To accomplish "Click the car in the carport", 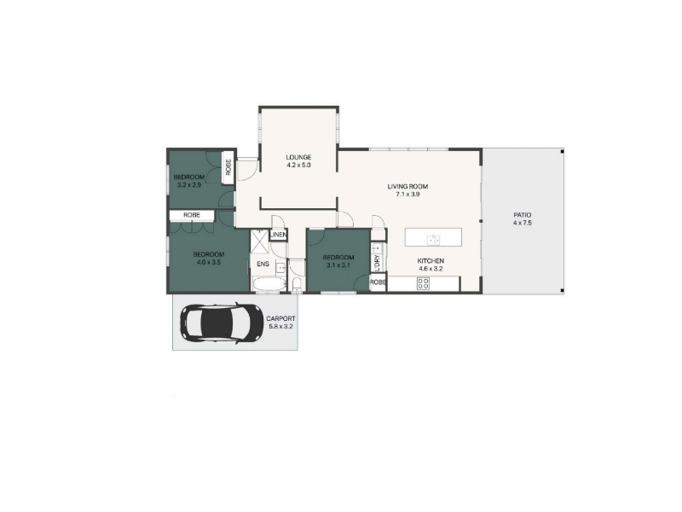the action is (222, 323).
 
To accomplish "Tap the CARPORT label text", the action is (280, 318).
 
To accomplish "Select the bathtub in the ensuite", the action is (269, 285).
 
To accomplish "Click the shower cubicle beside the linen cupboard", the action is (260, 241).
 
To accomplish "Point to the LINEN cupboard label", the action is (279, 236).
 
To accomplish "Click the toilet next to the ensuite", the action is (297, 284).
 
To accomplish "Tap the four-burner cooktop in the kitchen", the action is (423, 284).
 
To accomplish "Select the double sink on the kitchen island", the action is (433, 240).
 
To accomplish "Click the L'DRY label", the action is (377, 263).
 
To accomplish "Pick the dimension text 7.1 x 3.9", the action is (407, 195).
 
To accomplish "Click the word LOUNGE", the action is (298, 157).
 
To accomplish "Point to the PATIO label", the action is (523, 215).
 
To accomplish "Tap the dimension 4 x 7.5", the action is (523, 223).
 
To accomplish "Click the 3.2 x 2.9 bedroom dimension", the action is (189, 184).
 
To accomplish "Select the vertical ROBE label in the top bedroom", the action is (228, 167).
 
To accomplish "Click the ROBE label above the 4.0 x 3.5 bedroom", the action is (192, 215).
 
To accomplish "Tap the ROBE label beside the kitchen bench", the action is (378, 282).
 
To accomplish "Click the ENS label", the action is (263, 264).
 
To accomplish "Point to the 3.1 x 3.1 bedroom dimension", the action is (338, 265).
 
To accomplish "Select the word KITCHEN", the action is (431, 261).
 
